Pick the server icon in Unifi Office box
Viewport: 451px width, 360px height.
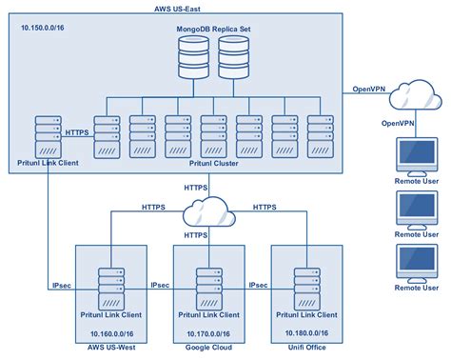(306, 285)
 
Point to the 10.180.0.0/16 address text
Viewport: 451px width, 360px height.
(306, 331)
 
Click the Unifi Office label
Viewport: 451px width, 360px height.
(306, 349)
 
